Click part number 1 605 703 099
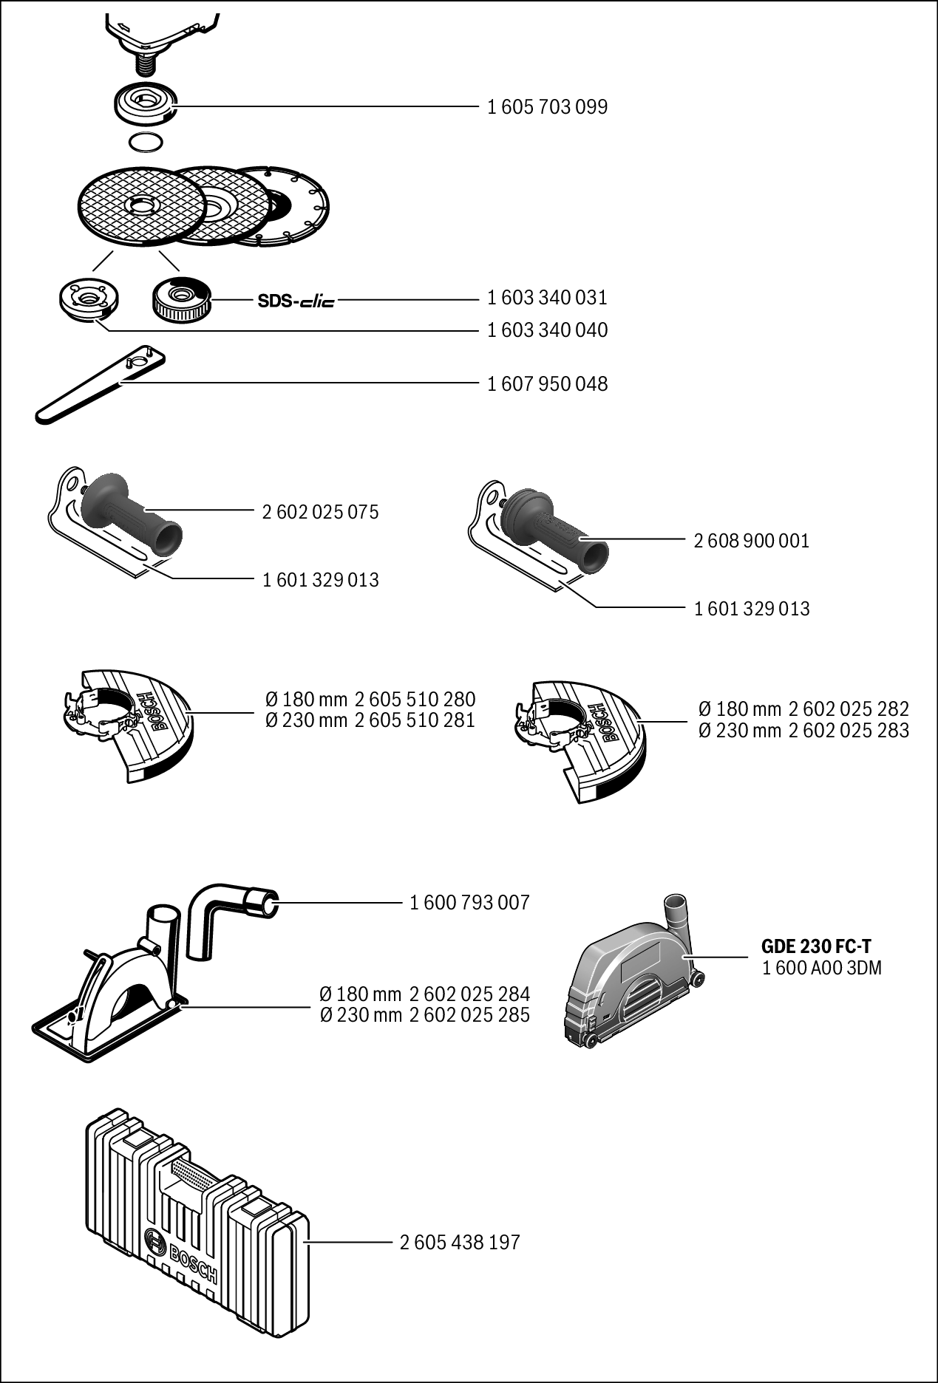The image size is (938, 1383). [547, 107]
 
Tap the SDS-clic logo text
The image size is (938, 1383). [296, 301]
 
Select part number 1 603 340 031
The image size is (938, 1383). [547, 298]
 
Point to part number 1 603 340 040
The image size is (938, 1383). [547, 330]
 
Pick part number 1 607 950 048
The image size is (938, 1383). [547, 384]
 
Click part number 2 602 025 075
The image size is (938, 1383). [320, 512]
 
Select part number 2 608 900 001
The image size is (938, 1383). [752, 541]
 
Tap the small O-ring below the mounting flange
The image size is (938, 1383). [144, 141]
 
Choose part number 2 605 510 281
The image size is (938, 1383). [415, 720]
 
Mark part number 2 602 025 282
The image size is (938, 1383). [849, 709]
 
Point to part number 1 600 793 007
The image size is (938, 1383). [469, 903]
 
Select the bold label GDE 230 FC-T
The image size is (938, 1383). [816, 946]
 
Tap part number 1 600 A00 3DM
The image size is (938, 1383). [821, 968]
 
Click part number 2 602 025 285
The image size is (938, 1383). [469, 1015]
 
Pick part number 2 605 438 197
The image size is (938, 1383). [460, 1243]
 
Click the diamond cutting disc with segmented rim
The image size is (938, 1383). [299, 203]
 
